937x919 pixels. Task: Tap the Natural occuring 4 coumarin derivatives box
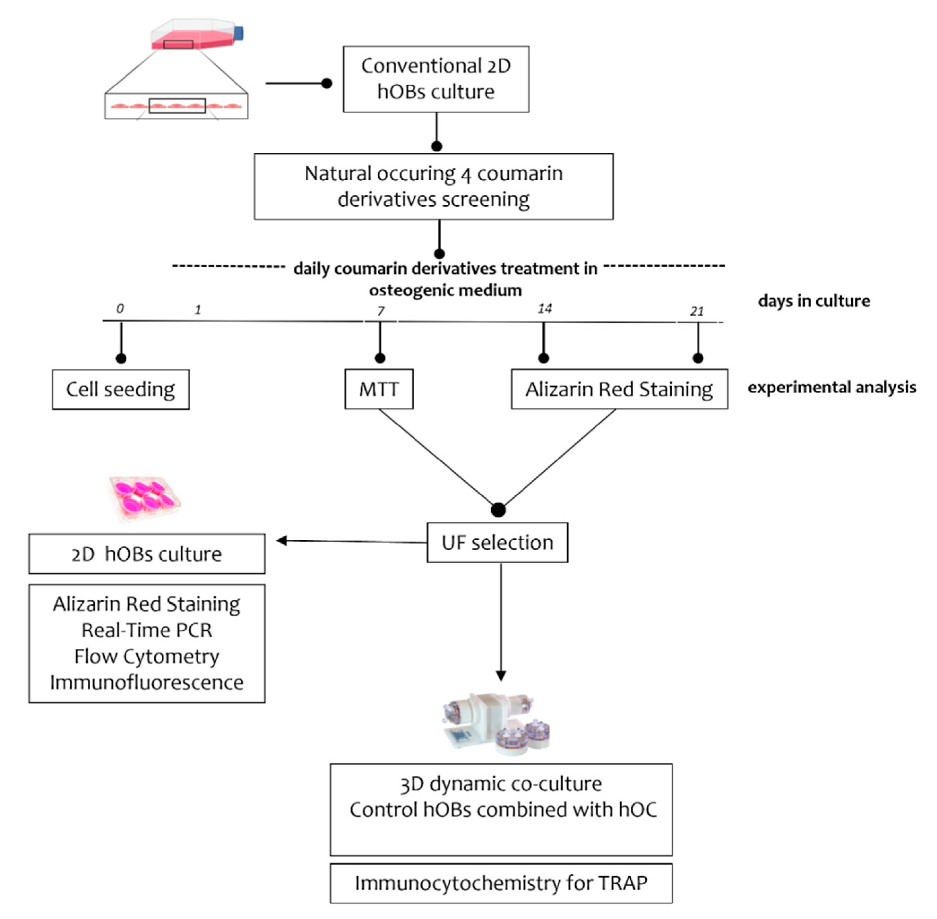coord(433,186)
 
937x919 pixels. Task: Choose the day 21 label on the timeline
coord(697,311)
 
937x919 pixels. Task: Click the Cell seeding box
coord(121,390)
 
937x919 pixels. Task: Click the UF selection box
coord(497,542)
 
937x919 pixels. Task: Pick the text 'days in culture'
coord(813,301)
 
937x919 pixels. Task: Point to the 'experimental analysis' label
coord(831,387)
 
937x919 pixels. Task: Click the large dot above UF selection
coord(498,510)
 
